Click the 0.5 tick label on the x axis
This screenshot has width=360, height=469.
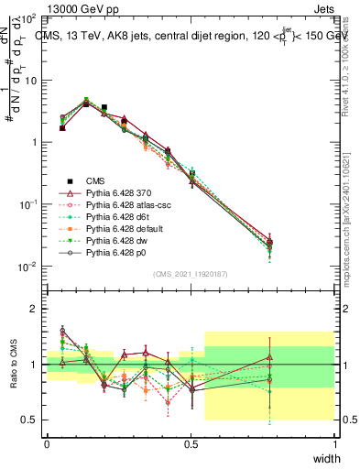point(191,443)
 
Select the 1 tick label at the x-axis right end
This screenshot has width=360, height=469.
point(334,443)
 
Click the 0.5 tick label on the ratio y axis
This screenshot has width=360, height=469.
point(31,420)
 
